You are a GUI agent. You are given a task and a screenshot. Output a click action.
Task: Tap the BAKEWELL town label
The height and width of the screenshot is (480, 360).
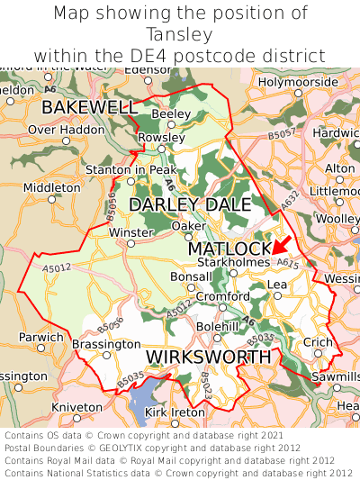(x=88, y=108)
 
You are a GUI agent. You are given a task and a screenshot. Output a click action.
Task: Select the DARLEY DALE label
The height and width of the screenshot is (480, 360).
(x=190, y=205)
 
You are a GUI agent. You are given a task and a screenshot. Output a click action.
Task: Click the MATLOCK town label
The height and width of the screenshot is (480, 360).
(x=229, y=248)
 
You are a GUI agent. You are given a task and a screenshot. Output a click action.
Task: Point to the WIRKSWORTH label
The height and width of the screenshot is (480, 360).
(x=208, y=358)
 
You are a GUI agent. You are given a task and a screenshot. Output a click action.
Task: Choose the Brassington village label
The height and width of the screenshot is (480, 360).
(x=106, y=344)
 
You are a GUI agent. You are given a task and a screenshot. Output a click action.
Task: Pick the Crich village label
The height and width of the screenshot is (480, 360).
(x=317, y=343)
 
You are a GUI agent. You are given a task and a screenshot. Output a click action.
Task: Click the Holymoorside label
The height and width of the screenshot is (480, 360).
(x=297, y=82)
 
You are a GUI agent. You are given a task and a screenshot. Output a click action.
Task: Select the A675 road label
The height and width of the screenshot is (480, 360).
(x=287, y=263)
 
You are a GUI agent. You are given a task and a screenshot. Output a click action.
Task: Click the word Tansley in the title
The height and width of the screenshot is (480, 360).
(x=180, y=34)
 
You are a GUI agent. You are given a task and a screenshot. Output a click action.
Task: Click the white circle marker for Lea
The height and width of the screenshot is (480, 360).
(x=277, y=295)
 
